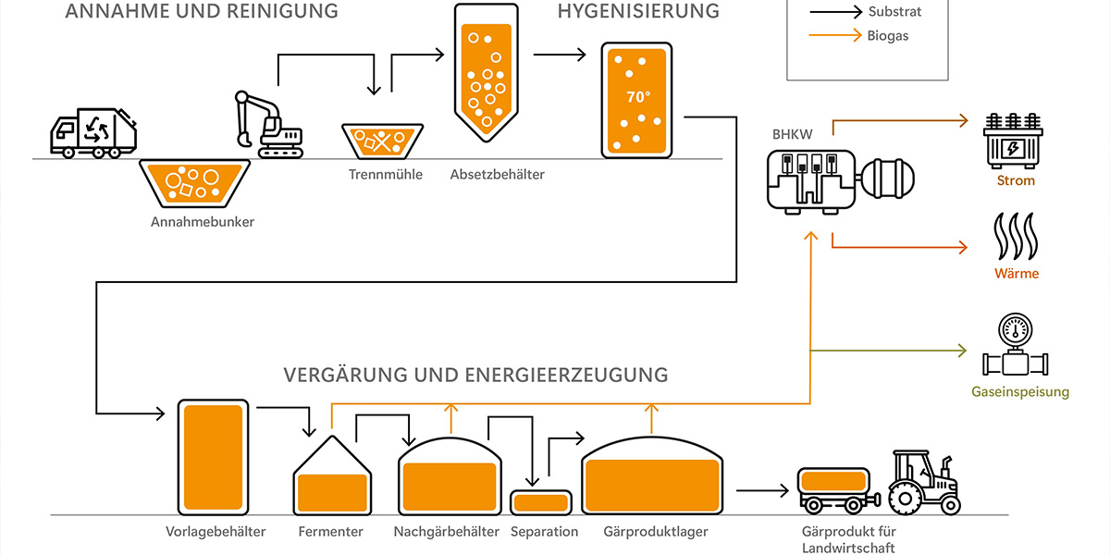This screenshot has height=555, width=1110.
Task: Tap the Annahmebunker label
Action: coord(203,222)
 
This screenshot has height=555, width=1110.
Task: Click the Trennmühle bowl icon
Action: coord(383,142)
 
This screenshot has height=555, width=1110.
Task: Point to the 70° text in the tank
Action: coord(638,96)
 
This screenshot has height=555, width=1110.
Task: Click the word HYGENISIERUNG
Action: coord(638,11)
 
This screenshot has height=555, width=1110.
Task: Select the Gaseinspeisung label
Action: coord(1020,392)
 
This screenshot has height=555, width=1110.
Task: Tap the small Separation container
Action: coord(540,501)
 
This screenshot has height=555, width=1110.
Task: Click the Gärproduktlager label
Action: coord(656,532)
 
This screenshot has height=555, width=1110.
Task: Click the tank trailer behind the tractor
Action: coord(833,488)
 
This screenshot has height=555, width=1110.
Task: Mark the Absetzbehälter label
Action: coord(498,174)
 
